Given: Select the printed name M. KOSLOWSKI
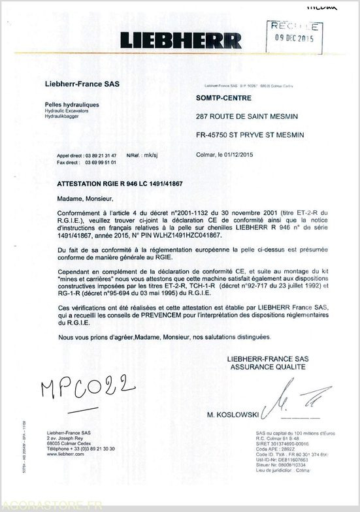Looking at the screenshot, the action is click(232, 414).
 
